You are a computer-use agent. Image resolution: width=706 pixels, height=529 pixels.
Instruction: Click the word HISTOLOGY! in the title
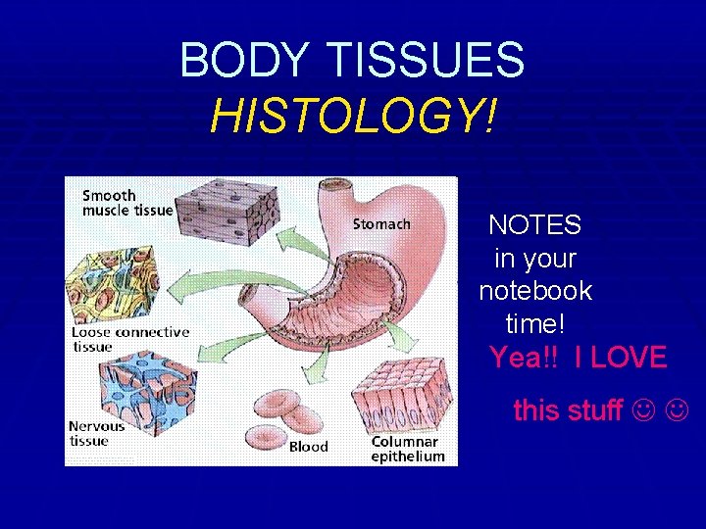click(353, 119)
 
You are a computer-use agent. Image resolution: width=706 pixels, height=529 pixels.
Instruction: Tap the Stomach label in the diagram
click(381, 224)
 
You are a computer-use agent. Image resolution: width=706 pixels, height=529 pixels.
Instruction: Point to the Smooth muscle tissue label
click(126, 203)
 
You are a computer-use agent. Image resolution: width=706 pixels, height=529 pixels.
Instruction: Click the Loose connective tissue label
click(128, 339)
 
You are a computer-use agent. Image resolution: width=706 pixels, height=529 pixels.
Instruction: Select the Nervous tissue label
click(96, 433)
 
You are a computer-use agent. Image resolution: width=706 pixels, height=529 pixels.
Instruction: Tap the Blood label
click(308, 448)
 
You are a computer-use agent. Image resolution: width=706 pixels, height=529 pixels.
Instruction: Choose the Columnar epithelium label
click(408, 449)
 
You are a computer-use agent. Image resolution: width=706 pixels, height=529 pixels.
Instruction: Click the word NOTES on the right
click(534, 225)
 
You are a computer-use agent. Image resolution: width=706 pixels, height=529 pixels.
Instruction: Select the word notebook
click(535, 291)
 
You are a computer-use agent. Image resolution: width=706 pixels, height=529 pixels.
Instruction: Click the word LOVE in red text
click(629, 358)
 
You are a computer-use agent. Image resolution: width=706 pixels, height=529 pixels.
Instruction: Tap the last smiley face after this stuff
click(678, 409)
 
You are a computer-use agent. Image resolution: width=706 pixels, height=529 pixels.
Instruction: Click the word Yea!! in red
click(523, 358)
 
